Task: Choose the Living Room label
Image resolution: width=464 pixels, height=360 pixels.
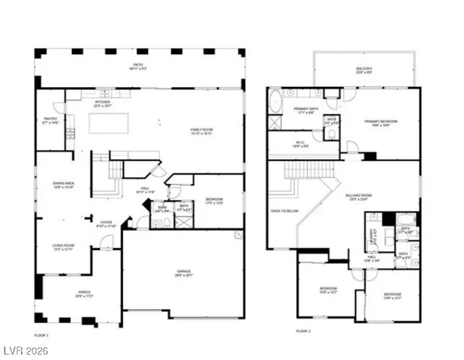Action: pos(62,247)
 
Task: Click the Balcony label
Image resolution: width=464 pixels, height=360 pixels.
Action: pos(363,70)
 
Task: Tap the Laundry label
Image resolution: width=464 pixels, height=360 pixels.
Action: pos(373,232)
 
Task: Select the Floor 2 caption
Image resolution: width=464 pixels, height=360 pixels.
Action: pos(303,331)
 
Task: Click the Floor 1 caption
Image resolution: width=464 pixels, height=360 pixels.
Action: pos(41,334)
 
